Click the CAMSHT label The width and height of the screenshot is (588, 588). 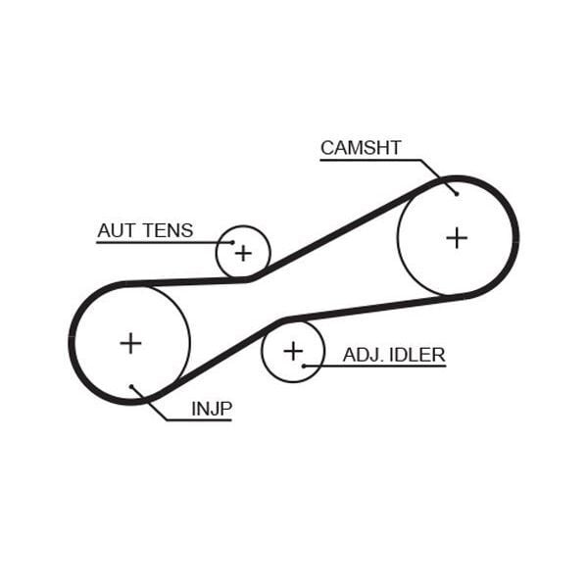tap(361, 148)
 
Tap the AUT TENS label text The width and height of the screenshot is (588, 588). tap(145, 230)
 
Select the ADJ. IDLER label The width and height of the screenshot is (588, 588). tap(394, 354)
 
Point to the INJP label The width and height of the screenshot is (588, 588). tap(212, 408)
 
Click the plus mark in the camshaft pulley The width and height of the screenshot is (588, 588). tap(457, 237)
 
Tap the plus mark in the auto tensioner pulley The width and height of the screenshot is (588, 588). tap(243, 253)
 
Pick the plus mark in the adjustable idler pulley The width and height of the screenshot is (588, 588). tap(293, 350)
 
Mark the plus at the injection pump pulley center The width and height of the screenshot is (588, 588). tap(130, 342)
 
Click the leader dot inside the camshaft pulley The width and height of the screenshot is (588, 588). tap(457, 193)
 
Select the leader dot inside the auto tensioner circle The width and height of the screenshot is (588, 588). tap(233, 242)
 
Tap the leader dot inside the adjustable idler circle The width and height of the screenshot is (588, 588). tap(305, 366)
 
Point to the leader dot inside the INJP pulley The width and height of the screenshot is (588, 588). tap(131, 386)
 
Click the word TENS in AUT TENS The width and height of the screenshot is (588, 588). tap(169, 230)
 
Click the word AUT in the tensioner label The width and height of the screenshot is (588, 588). tap(116, 230)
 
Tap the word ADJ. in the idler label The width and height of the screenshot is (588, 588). tap(361, 354)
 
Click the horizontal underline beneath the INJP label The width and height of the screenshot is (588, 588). tap(201, 420)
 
